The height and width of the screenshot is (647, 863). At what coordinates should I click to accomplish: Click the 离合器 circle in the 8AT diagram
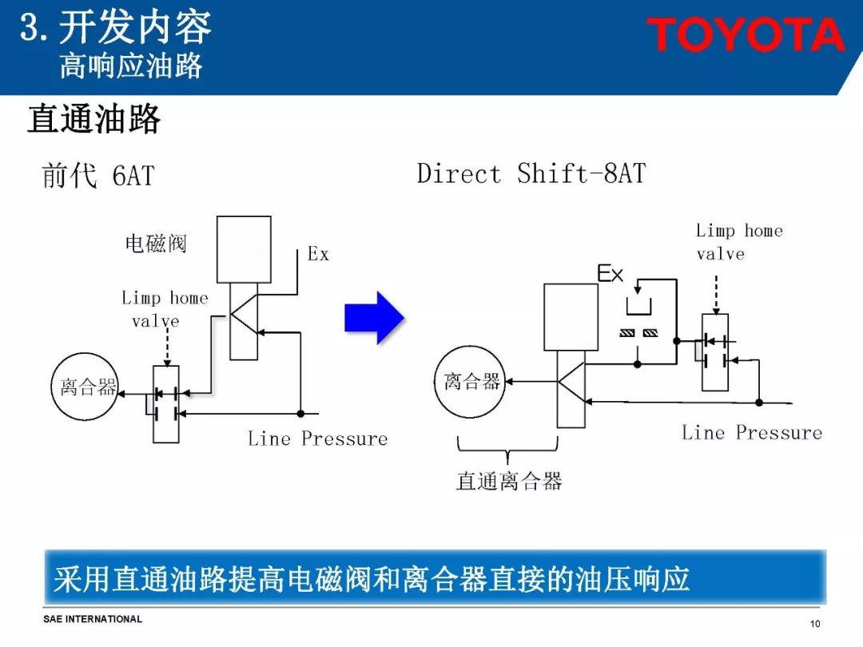tap(471, 382)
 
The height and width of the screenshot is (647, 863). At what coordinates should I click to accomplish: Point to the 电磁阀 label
tap(156, 244)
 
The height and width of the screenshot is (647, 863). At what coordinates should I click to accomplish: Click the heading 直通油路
tap(94, 119)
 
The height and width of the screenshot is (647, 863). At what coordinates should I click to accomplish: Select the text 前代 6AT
tap(97, 175)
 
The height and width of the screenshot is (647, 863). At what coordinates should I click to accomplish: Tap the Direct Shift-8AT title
tap(531, 173)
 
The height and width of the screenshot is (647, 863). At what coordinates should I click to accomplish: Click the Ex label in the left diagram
tap(318, 254)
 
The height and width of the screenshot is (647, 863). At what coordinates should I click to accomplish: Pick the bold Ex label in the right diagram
tap(610, 274)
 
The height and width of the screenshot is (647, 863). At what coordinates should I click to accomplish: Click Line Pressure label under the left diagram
tap(317, 439)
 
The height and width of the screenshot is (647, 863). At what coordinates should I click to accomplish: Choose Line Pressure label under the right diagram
tap(751, 433)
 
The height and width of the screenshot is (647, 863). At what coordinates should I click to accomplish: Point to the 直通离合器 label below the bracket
tap(509, 481)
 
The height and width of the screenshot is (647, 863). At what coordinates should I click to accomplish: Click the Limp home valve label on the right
tap(738, 242)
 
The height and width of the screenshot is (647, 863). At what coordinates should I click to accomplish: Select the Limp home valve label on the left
tap(164, 309)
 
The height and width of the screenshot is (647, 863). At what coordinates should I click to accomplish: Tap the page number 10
tap(815, 624)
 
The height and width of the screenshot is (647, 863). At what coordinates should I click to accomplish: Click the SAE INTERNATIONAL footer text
tap(93, 619)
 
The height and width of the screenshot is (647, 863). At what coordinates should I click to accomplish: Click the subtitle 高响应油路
tap(131, 66)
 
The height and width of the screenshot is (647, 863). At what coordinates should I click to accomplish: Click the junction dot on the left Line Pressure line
tap(300, 413)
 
